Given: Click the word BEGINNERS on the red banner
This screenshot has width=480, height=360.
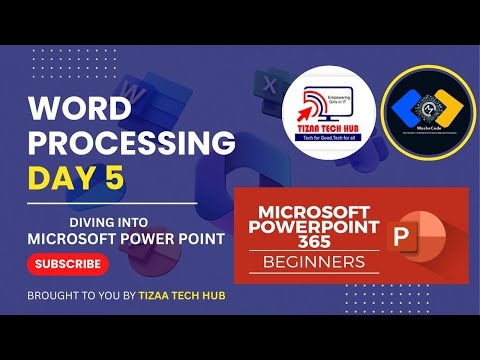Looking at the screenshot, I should point(313,263).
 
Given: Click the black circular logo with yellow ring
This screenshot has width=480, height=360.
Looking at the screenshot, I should point(425,112).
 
